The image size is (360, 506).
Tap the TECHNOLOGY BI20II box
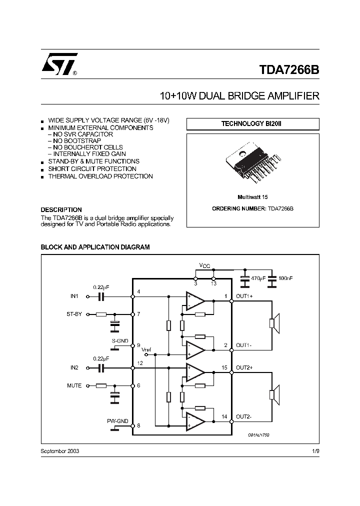[252, 123]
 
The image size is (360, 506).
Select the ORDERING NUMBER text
[252, 208]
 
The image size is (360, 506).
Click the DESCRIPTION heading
[61, 210]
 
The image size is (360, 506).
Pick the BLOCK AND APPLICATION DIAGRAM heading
[95, 247]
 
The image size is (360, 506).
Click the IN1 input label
[74, 296]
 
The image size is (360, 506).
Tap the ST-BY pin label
[74, 314]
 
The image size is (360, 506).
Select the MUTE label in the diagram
[74, 385]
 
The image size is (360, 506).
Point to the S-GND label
[120, 340]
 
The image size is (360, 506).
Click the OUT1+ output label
[244, 296]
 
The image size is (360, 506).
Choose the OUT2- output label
[244, 416]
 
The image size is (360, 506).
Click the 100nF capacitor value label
[286, 277]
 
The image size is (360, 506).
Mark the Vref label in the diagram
[146, 349]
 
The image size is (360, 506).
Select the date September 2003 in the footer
[59, 451]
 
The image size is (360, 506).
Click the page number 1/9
[315, 451]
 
